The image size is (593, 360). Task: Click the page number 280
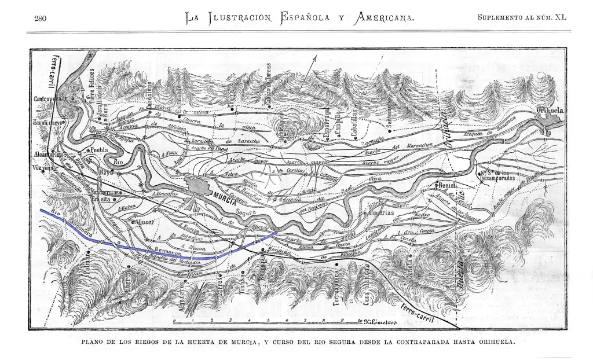(x=40, y=18)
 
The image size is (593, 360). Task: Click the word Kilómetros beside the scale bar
(x=380, y=320)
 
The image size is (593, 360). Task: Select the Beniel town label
(x=446, y=185)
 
